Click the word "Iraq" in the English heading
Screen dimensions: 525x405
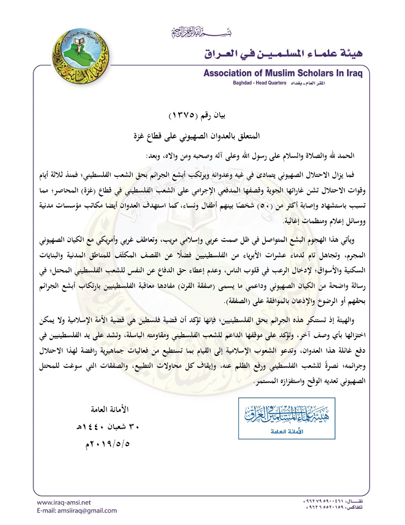(356, 73)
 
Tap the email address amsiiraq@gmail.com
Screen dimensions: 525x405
(77, 510)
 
